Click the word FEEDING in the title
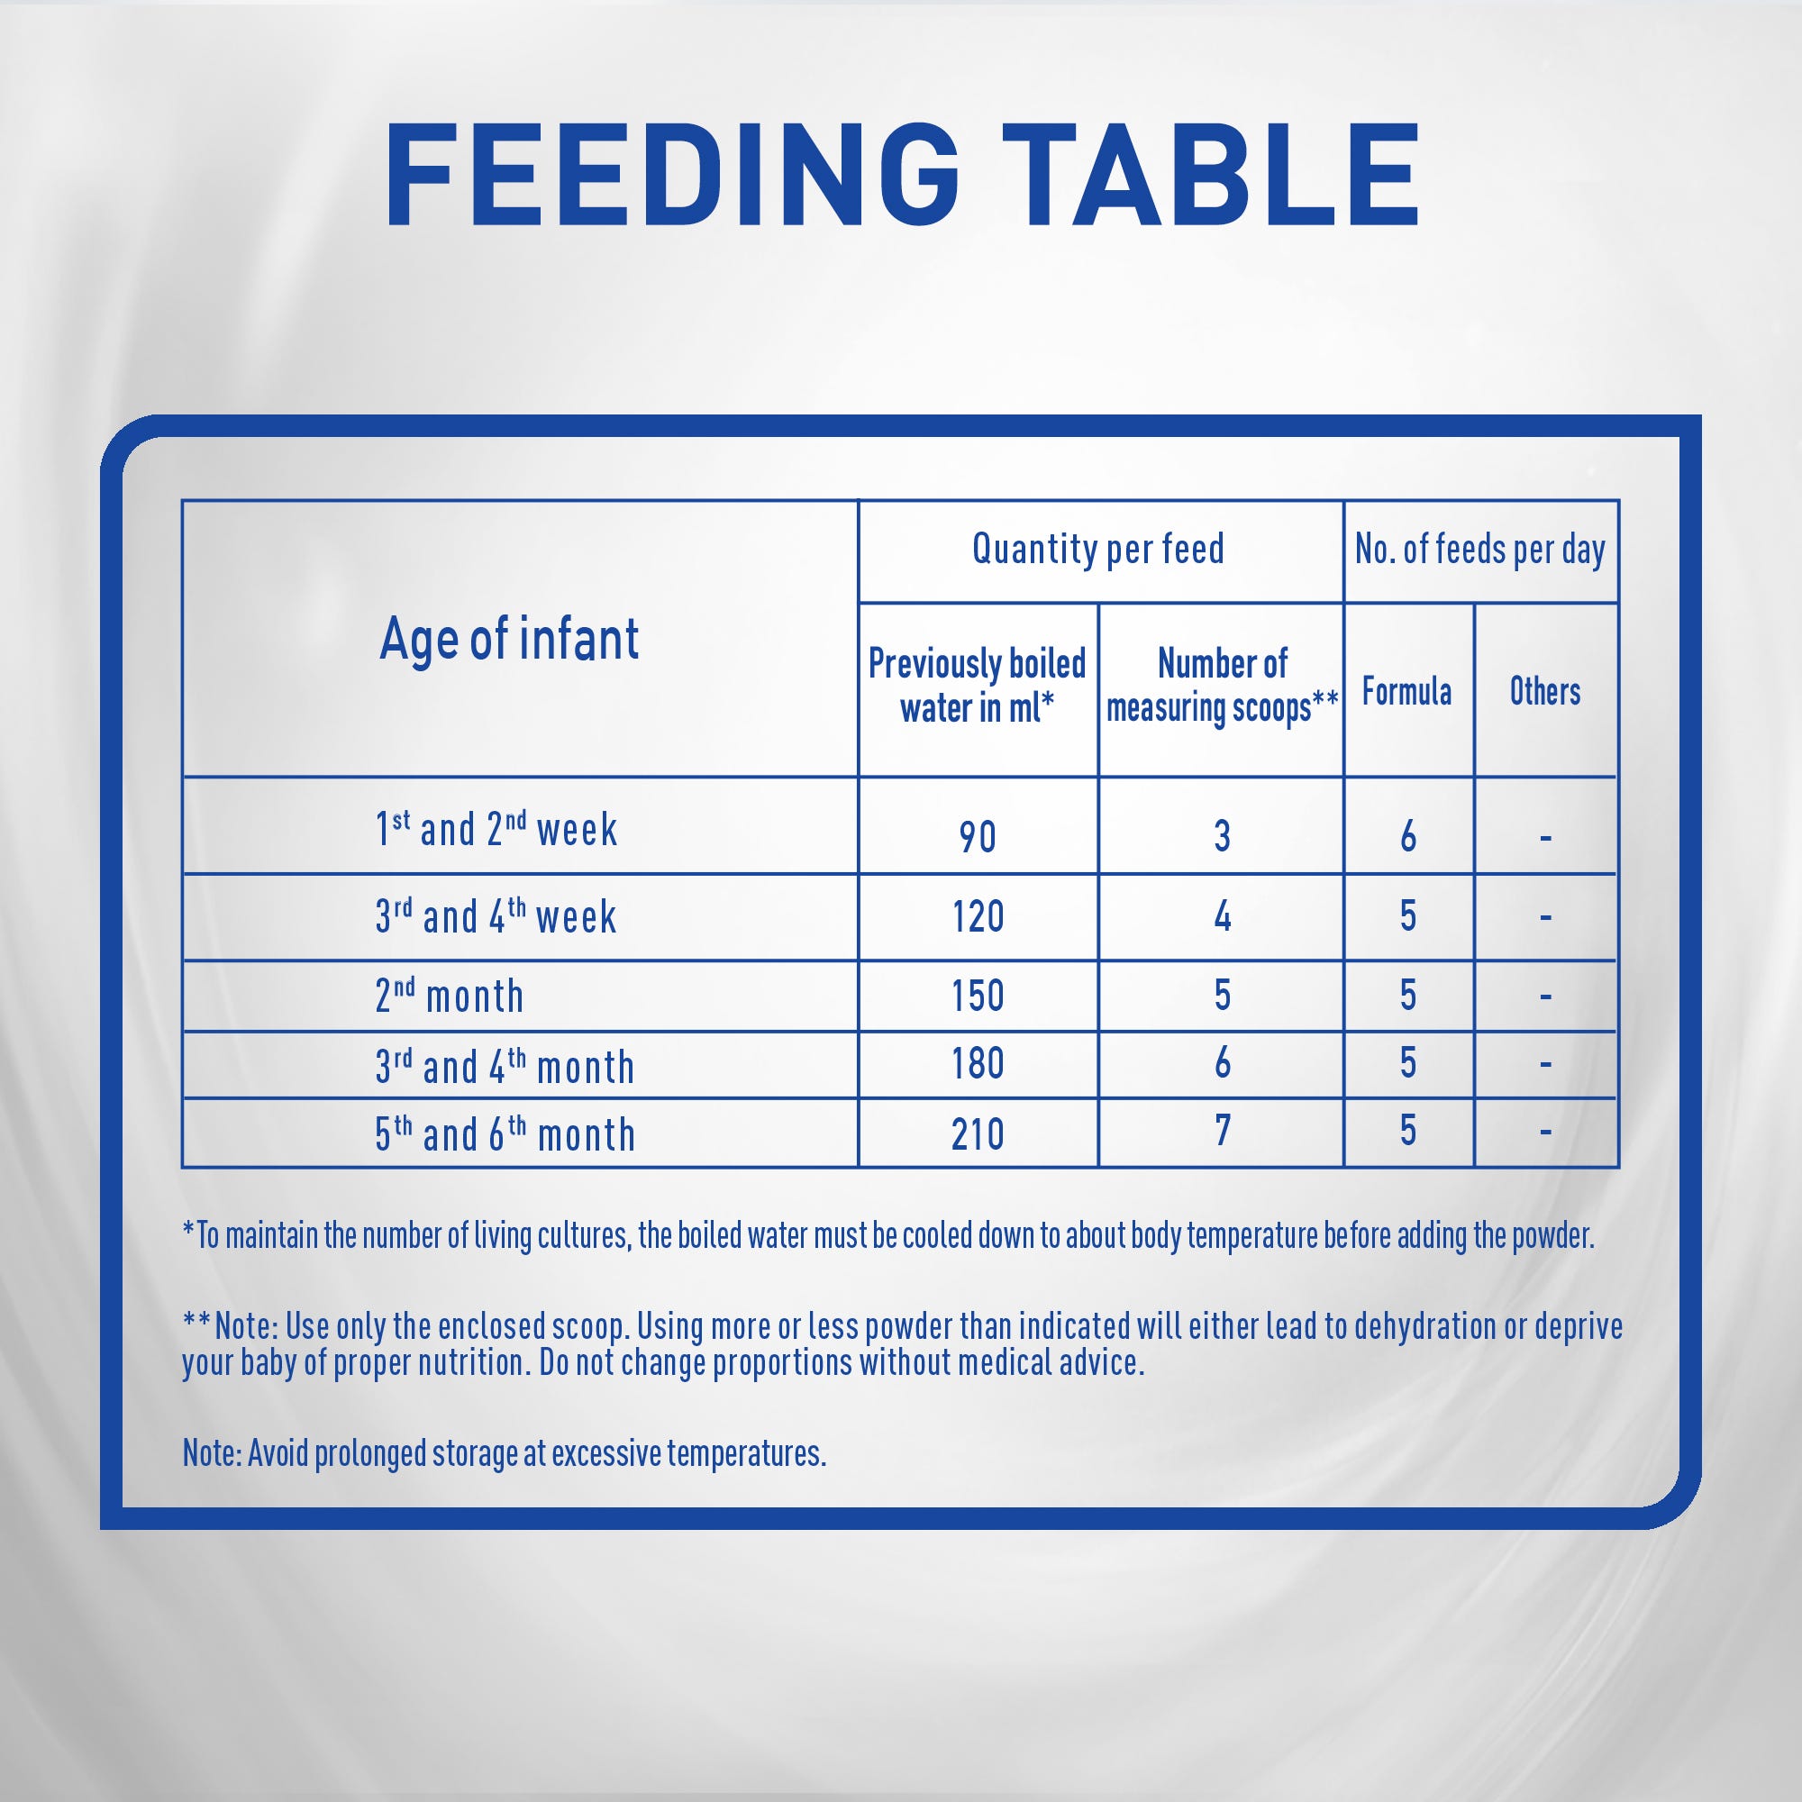click(x=672, y=176)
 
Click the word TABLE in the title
click(x=1211, y=176)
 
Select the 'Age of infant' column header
click(x=509, y=639)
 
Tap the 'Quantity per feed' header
click(x=1097, y=549)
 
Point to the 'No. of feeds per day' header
click(x=1480, y=550)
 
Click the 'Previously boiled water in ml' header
click(x=977, y=686)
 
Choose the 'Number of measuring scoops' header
click(x=1222, y=686)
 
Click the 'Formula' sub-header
click(x=1406, y=691)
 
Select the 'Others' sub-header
click(x=1544, y=691)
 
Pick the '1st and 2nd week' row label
click(x=496, y=828)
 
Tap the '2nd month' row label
click(x=450, y=996)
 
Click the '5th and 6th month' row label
click(x=505, y=1133)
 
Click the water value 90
click(x=978, y=837)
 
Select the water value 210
click(x=978, y=1134)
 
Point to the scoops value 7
click(x=1223, y=1130)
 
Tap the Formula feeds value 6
click(x=1408, y=836)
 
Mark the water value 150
click(x=978, y=996)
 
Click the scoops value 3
click(x=1222, y=836)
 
